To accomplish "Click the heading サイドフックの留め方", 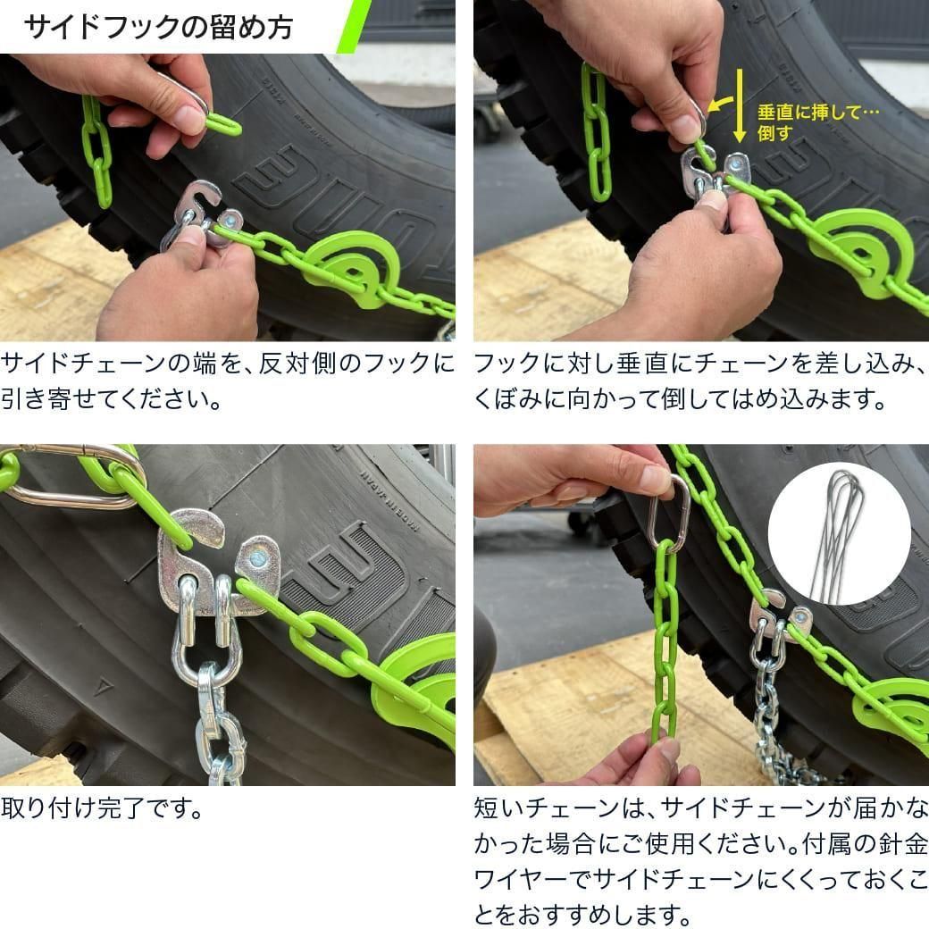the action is (158, 28).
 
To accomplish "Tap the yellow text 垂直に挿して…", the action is (818, 113).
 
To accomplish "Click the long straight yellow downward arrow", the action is (740, 105).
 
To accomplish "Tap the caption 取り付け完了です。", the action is (102, 808).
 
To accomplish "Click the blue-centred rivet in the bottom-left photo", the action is (258, 557).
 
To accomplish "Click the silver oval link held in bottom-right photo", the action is (669, 513).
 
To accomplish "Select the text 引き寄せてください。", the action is (112, 398).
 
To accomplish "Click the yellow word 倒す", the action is (775, 133).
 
